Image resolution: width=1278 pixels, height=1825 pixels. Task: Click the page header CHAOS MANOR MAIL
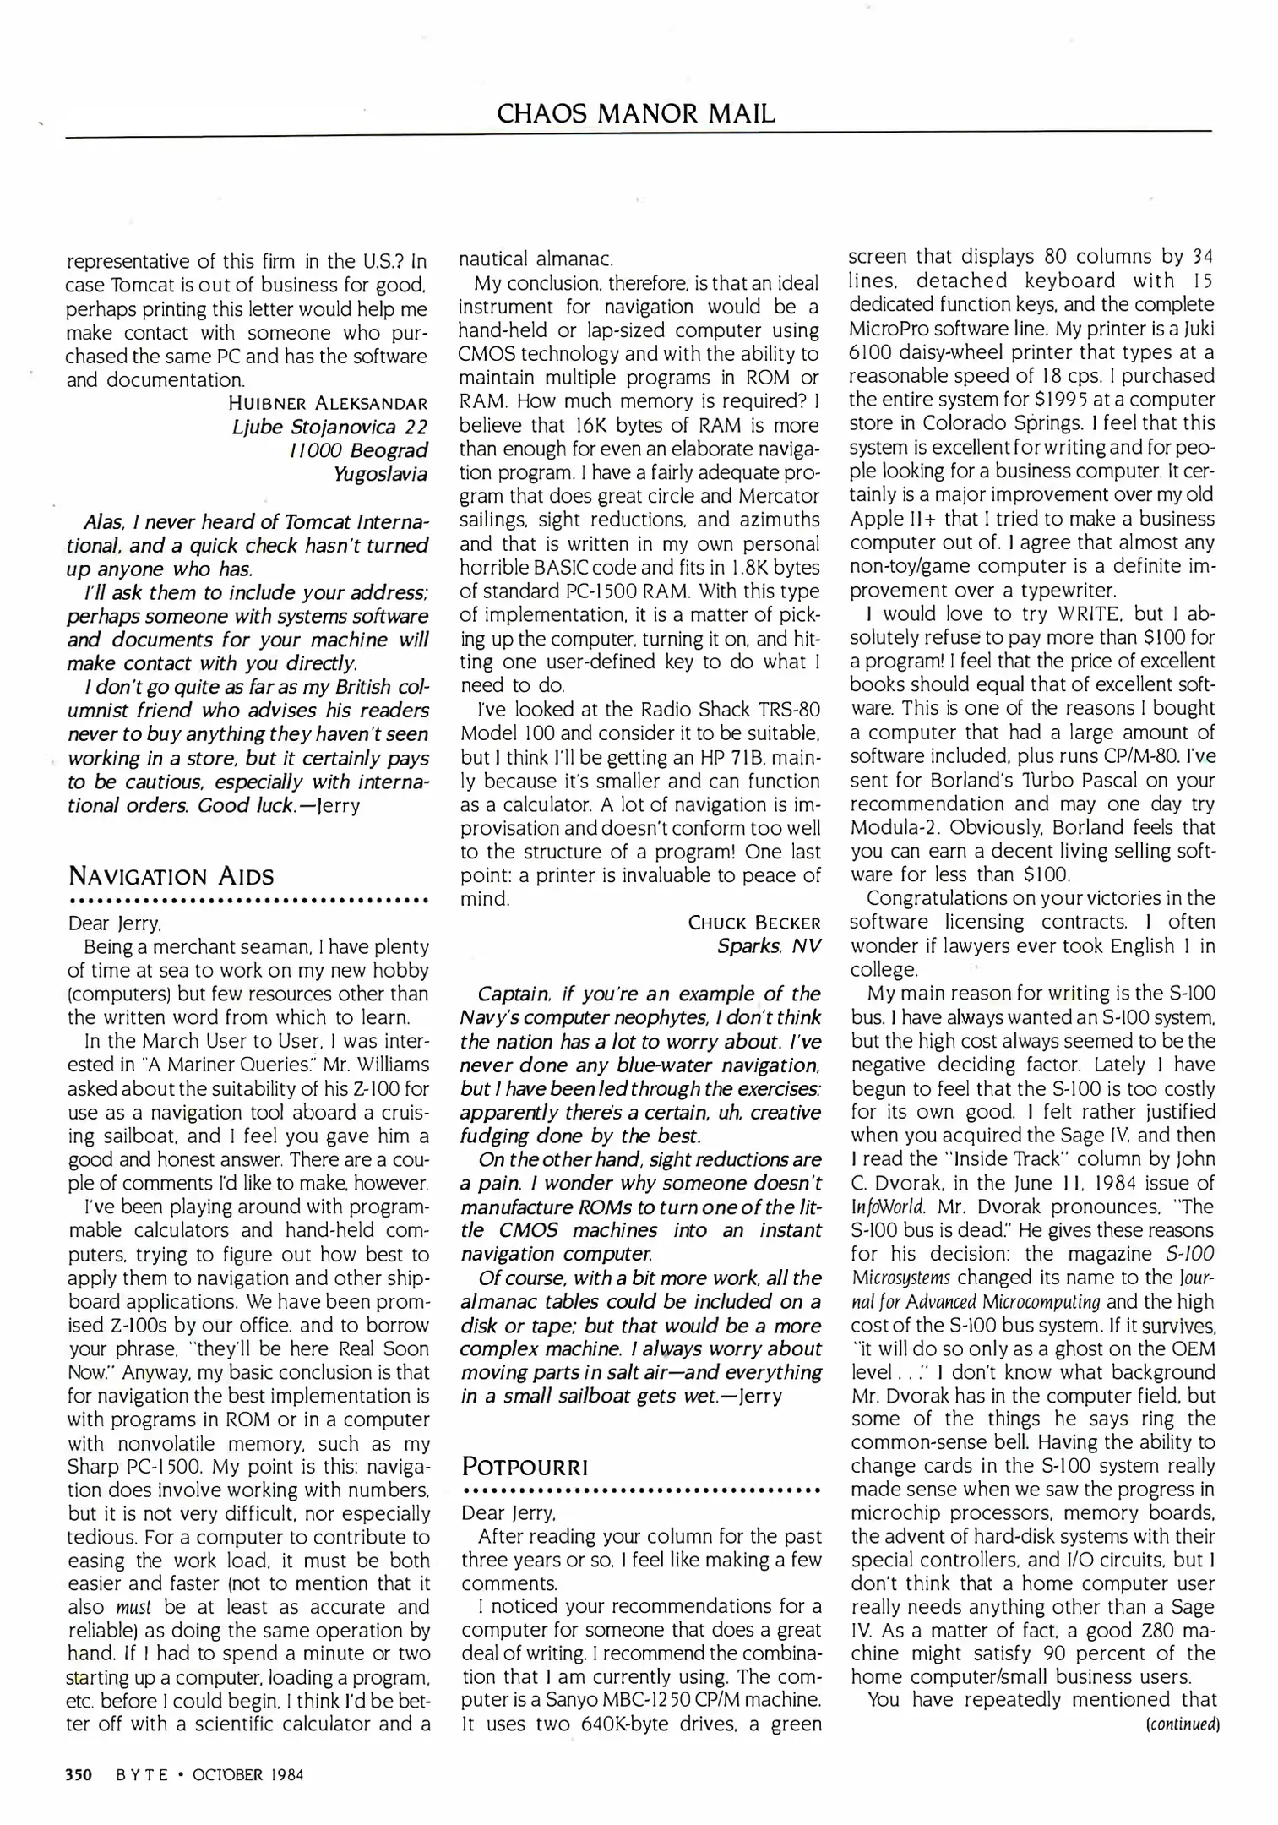coord(635,113)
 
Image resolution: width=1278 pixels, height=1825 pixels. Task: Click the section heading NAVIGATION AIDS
coord(171,875)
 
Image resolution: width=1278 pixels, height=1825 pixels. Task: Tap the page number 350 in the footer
coord(79,1774)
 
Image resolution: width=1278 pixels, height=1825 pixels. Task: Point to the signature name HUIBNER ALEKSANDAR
coord(328,403)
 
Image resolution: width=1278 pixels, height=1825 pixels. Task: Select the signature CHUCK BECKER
coord(754,922)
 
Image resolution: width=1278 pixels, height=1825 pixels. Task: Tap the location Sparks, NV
coord(769,945)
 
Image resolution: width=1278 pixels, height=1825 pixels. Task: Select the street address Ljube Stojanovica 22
coord(329,427)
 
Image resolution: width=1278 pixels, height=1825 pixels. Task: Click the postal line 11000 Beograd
coord(358,450)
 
